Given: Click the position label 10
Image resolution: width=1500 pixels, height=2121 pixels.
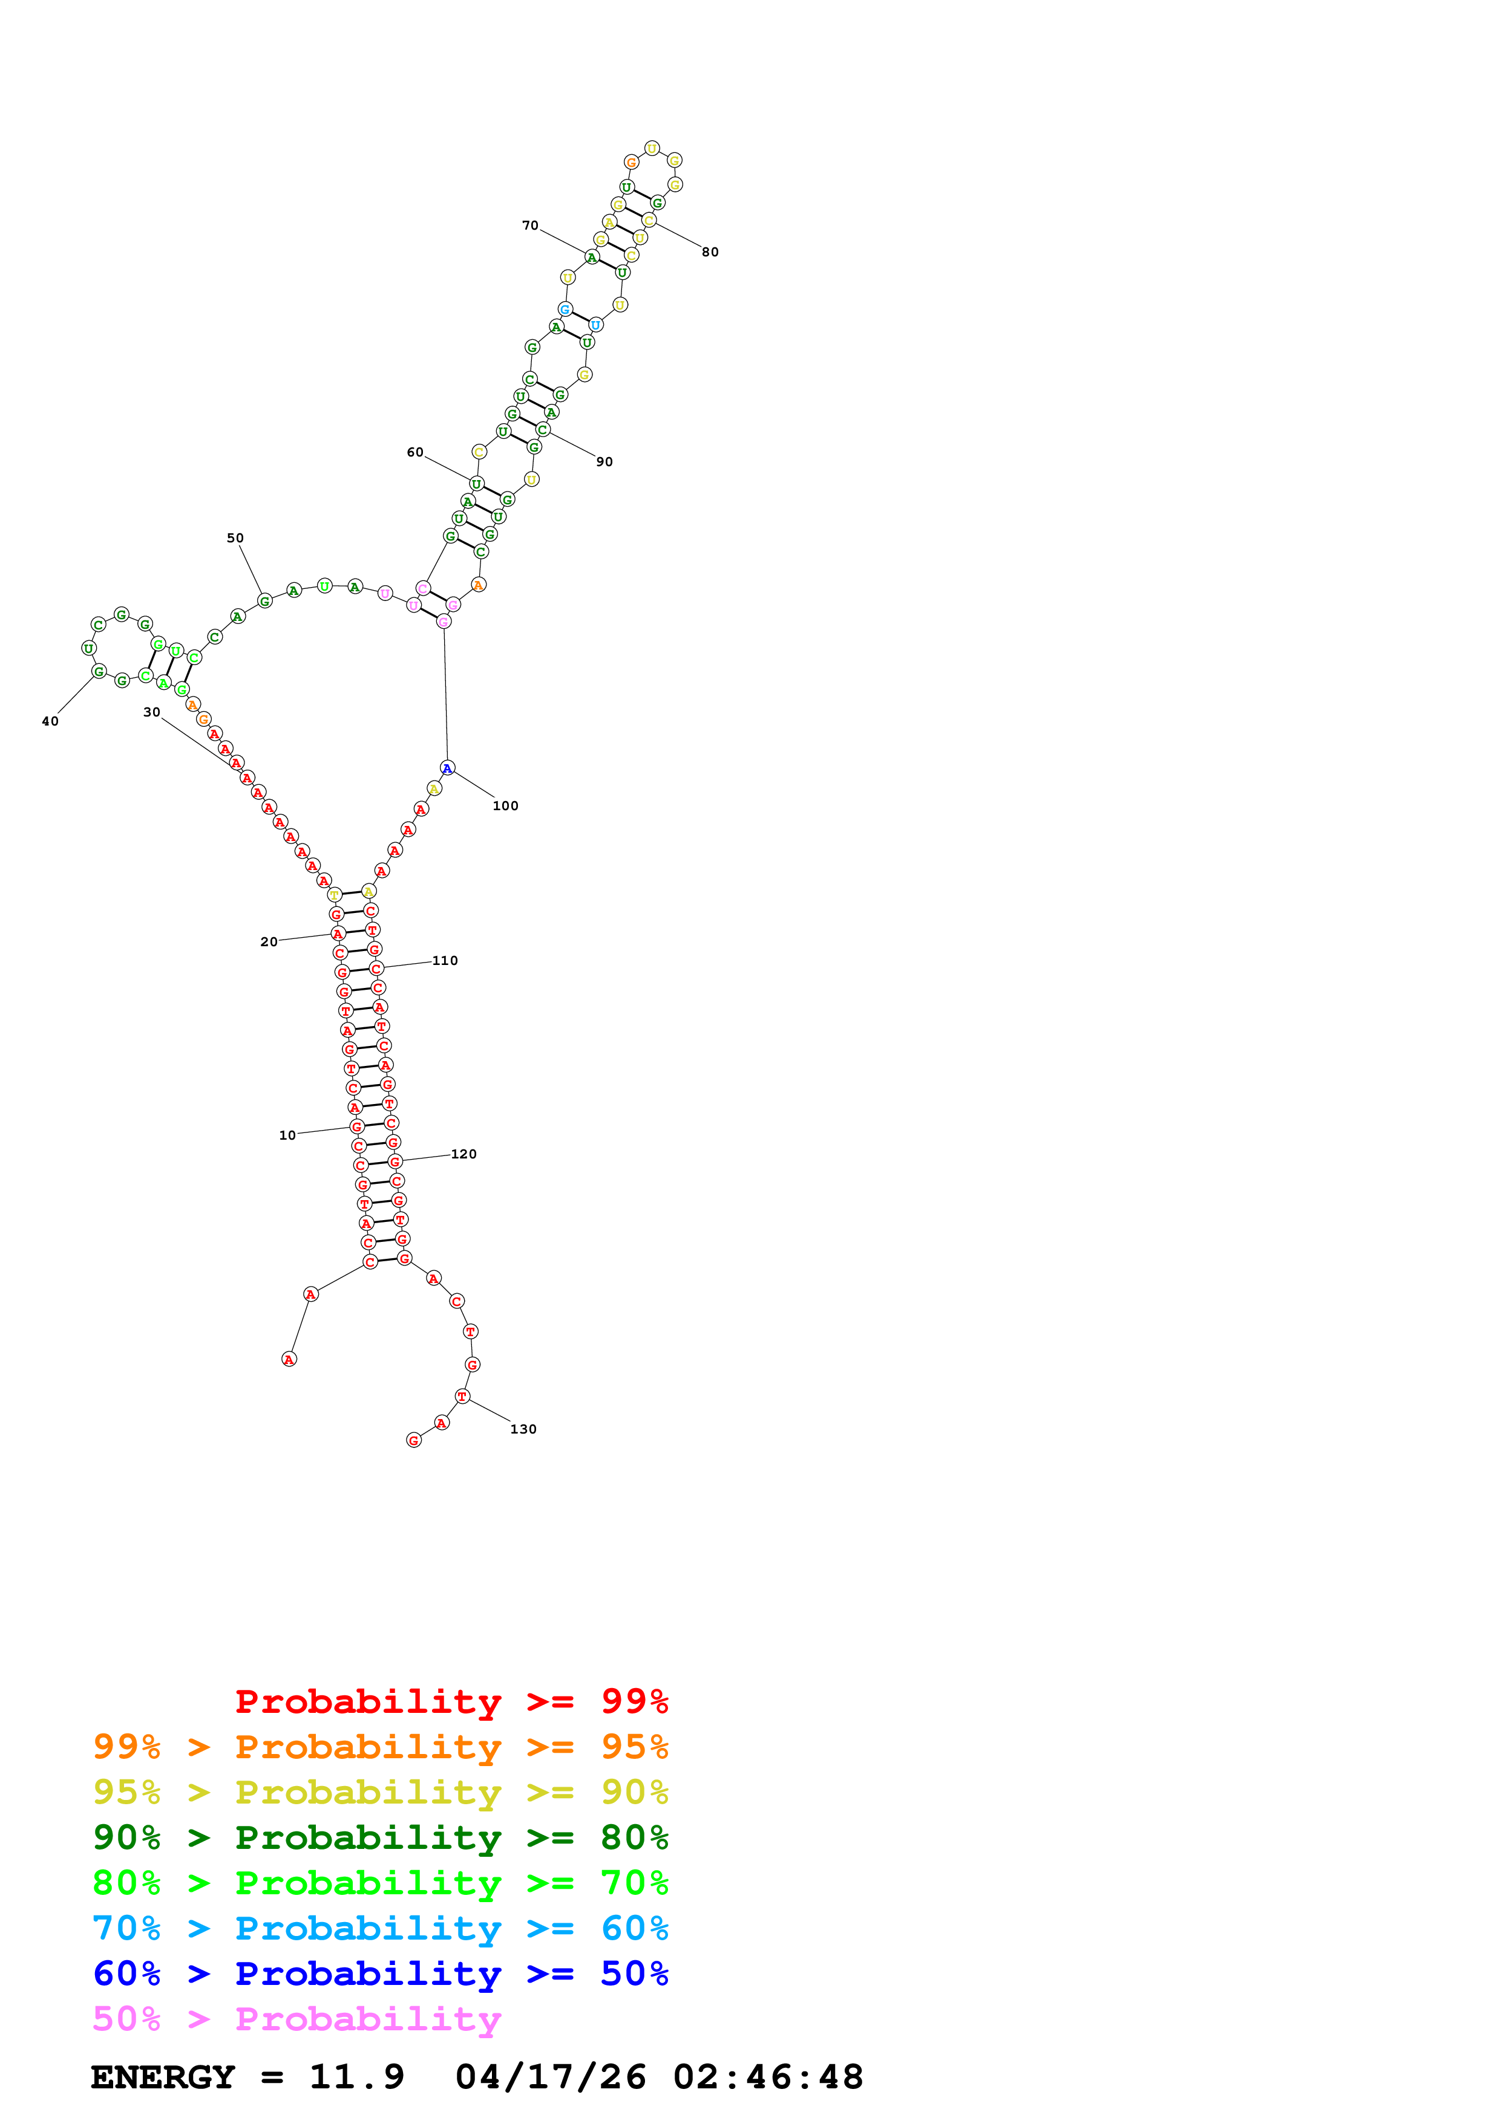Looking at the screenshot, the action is click(287, 1135).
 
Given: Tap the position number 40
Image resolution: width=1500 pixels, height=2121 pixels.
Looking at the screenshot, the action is click(50, 721).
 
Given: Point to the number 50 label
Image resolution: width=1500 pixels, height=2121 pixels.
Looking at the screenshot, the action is click(235, 538).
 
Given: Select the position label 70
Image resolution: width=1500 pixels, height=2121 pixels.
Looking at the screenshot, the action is click(529, 226).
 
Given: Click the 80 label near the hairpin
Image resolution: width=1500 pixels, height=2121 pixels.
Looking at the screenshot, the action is click(710, 252).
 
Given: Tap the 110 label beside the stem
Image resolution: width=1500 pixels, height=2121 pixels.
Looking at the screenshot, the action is click(445, 961).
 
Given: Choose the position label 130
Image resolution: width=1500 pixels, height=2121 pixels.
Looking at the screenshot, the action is click(523, 1429).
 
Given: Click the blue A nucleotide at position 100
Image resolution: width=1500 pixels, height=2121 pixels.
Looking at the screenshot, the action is click(447, 768).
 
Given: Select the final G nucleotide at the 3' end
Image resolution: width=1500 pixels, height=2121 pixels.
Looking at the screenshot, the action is click(414, 1440).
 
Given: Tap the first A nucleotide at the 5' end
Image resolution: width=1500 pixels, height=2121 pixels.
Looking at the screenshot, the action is click(289, 1359).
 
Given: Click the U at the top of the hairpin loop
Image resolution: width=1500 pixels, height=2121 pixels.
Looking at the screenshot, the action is click(652, 148).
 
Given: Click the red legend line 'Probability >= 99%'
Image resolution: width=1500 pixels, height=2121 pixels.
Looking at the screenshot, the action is click(451, 1701).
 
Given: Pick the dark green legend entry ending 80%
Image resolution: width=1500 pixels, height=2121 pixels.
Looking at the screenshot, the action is click(380, 1837).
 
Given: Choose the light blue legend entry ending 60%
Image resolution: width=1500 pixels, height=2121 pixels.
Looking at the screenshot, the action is click(380, 1928).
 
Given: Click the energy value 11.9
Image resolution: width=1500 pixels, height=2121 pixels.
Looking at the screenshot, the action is click(357, 2077).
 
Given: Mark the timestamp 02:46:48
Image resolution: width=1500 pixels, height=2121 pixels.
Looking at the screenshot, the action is click(768, 2077).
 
